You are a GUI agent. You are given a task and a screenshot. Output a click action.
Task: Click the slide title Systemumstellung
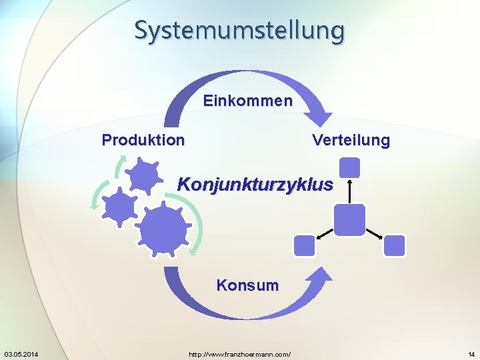(x=240, y=30)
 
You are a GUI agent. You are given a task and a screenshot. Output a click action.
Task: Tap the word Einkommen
(x=247, y=101)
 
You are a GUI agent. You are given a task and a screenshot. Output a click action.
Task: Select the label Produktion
(x=143, y=140)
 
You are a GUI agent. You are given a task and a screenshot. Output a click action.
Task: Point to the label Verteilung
(x=351, y=141)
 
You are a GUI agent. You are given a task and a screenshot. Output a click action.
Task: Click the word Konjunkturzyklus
(x=255, y=184)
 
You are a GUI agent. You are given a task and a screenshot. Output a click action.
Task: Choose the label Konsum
(x=247, y=285)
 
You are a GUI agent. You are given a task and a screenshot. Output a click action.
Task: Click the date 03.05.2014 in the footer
(x=21, y=353)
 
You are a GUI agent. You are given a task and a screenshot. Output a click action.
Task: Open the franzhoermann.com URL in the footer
(x=240, y=353)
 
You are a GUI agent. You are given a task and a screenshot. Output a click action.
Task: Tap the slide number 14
(x=471, y=353)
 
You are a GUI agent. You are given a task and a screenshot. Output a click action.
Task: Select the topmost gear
(x=143, y=176)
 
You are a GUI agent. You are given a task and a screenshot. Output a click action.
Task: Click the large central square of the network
(x=349, y=219)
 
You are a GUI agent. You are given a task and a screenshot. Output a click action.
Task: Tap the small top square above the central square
(x=349, y=167)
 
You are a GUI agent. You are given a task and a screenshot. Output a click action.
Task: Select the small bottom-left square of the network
(x=304, y=246)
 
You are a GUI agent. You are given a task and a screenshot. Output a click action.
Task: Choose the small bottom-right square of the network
(x=395, y=246)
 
